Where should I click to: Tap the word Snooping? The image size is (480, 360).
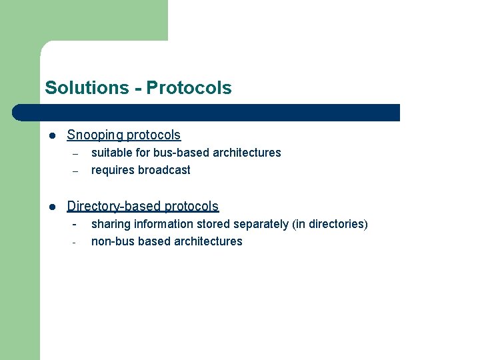coord(94,135)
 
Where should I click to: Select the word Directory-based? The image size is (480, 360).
coord(114,207)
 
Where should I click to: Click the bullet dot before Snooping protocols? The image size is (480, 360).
coord(51,135)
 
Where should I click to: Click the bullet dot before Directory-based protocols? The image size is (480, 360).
coord(51,207)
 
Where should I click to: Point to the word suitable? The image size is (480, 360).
coord(110,153)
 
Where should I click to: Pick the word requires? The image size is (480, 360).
coord(113,170)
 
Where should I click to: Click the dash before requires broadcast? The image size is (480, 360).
coord(75,171)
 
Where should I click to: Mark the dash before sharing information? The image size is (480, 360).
coord(75,224)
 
